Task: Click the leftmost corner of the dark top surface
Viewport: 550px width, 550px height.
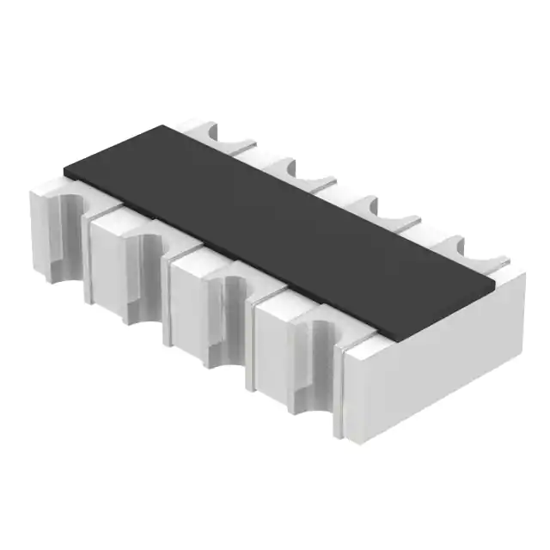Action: click(x=64, y=169)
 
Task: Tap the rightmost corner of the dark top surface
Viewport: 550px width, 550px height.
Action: click(x=497, y=277)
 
